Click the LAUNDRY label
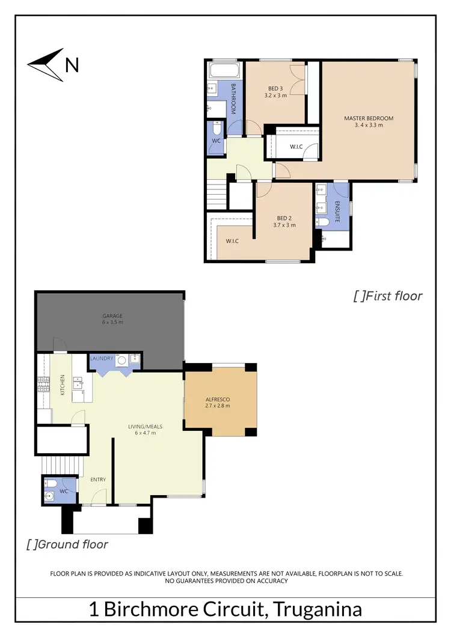pyautogui.click(x=101, y=359)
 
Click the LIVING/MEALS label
pyautogui.click(x=145, y=427)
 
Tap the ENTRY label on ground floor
pyautogui.click(x=98, y=480)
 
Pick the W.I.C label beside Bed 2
pyautogui.click(x=232, y=241)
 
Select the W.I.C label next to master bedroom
pyautogui.click(x=296, y=146)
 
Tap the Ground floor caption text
pyautogui.click(x=67, y=544)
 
